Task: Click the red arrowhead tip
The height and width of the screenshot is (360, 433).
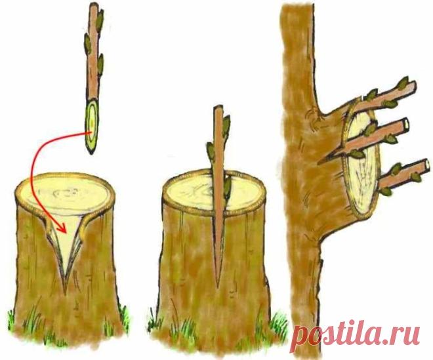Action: coord(66,233)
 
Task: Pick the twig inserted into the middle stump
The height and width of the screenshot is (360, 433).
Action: coord(219,193)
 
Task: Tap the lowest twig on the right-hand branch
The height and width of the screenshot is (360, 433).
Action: coord(403,173)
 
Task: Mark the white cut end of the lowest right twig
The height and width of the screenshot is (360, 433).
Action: coord(427,164)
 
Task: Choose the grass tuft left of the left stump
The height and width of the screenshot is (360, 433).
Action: coord(11,320)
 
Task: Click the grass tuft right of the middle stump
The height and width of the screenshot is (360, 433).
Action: coord(278,323)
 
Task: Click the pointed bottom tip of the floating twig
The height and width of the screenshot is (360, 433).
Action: coord(91,154)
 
